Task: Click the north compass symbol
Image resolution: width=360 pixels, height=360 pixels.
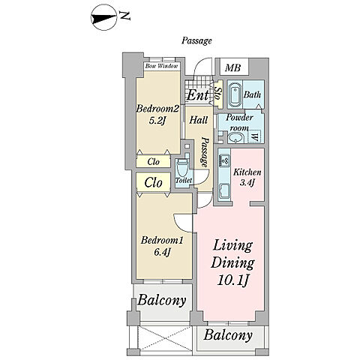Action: click(x=103, y=19)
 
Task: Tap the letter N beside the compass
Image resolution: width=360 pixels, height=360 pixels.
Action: click(x=124, y=16)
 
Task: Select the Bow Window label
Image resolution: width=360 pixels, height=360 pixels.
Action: click(x=161, y=66)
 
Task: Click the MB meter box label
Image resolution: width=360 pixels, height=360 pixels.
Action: click(x=232, y=67)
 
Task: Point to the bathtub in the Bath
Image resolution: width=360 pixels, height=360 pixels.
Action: click(x=235, y=94)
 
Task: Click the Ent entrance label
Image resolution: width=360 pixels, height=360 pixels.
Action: click(x=197, y=95)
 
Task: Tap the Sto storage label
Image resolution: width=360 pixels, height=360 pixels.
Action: click(x=218, y=94)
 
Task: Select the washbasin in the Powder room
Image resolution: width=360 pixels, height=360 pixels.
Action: click(x=236, y=137)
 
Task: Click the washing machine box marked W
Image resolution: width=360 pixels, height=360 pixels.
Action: click(x=254, y=136)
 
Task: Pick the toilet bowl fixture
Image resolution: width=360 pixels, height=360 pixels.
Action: click(x=181, y=168)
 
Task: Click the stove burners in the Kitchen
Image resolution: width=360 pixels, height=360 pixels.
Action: click(x=224, y=160)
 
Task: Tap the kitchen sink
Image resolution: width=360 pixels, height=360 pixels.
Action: click(x=224, y=190)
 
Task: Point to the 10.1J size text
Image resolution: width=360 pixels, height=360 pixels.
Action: click(x=232, y=280)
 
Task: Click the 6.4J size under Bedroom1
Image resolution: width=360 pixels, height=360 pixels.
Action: click(x=162, y=253)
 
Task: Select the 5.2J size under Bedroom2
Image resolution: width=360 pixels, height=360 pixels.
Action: click(x=157, y=121)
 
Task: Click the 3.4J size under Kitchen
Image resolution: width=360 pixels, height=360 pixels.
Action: click(x=247, y=183)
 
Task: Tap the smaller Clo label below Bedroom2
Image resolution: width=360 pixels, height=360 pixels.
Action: click(x=153, y=162)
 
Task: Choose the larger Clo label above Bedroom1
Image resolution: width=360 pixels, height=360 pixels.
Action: click(x=154, y=182)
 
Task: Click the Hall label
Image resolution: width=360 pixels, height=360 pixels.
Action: click(x=199, y=120)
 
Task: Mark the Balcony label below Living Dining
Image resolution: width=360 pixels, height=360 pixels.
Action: click(x=228, y=335)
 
